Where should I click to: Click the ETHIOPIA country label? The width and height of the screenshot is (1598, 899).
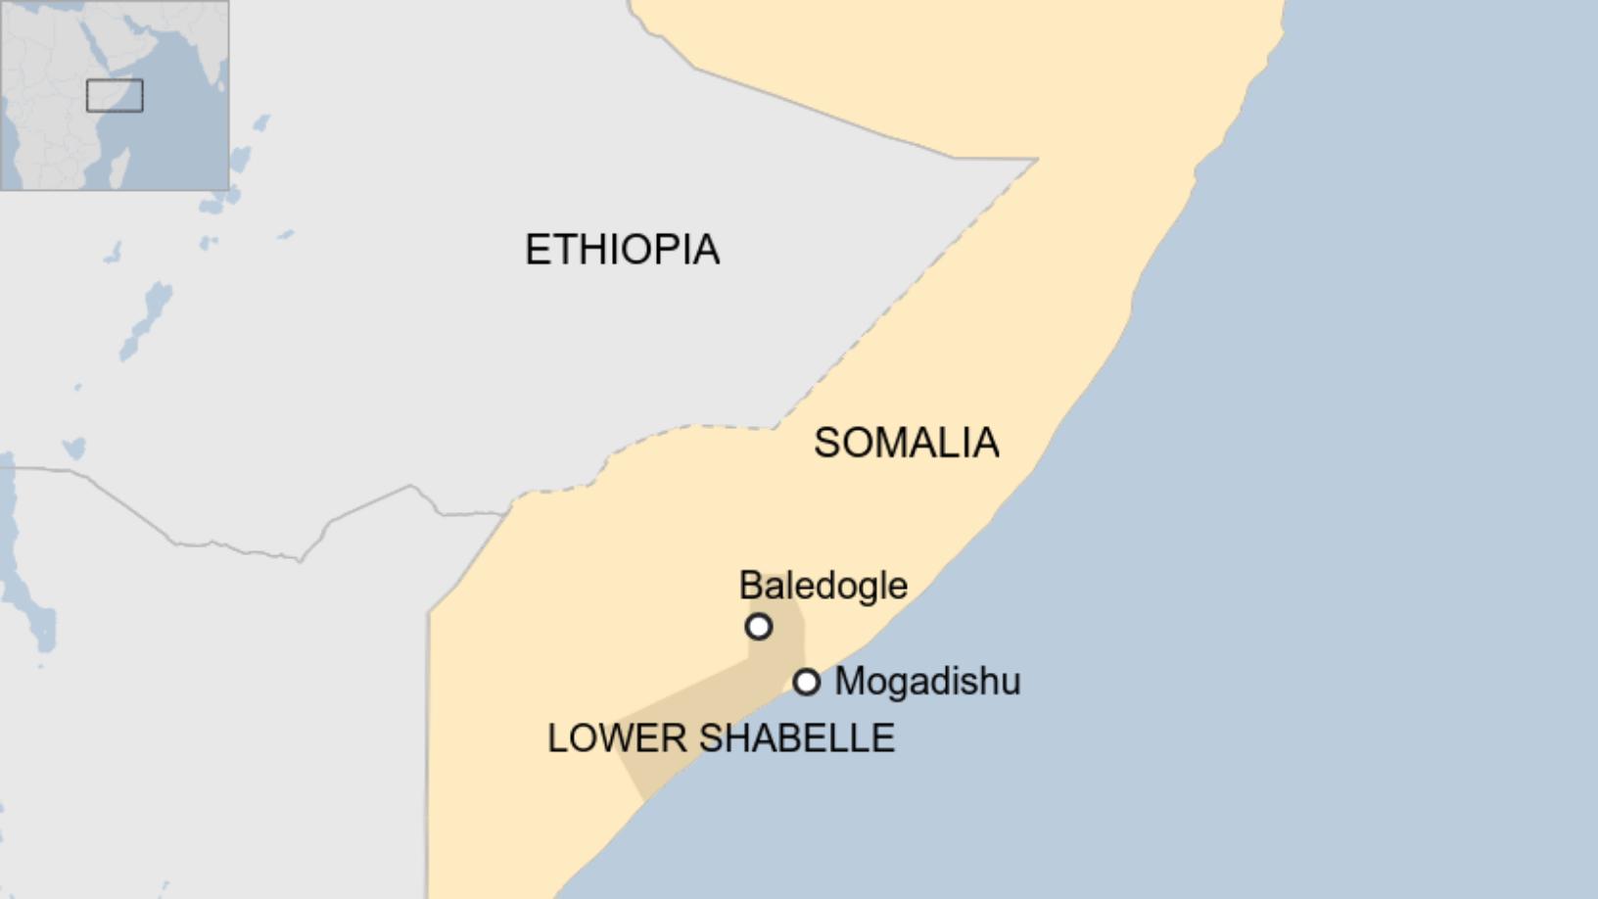tap(622, 250)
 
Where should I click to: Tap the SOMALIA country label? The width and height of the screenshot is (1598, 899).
tap(906, 443)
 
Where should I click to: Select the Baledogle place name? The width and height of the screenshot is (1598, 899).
tap(822, 586)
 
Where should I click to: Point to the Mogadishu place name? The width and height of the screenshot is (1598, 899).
tap(926, 681)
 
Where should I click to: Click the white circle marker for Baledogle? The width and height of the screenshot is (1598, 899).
tap(759, 627)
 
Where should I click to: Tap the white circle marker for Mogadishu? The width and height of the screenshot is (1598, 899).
tap(806, 682)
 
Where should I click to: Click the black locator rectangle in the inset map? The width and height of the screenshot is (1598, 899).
tap(115, 96)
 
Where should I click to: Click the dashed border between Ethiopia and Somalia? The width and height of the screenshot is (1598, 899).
tap(881, 323)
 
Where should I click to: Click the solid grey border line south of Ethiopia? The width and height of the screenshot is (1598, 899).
tap(245, 548)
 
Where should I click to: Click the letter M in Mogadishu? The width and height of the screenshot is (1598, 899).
tap(849, 681)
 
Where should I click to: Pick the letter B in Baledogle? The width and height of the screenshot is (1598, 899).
tap(749, 586)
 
